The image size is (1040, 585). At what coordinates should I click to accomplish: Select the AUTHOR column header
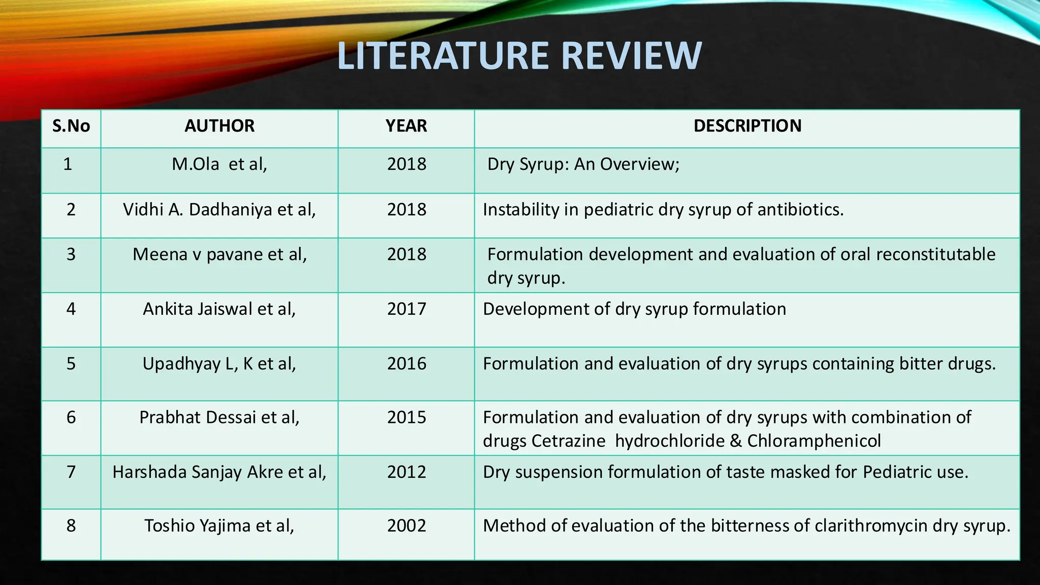tap(219, 126)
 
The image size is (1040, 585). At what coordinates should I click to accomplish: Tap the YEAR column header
tap(406, 126)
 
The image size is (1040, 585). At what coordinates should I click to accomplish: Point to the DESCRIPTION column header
tap(747, 126)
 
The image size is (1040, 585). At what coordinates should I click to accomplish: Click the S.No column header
tap(71, 126)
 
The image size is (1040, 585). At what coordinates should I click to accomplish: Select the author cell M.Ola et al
tap(219, 164)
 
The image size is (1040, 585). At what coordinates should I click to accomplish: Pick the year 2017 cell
tap(406, 309)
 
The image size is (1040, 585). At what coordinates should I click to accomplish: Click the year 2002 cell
tap(406, 525)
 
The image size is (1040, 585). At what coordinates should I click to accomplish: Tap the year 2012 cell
tap(406, 472)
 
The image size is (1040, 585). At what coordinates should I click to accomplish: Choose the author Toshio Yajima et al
tap(219, 525)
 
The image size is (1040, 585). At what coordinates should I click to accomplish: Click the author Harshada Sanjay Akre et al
tap(219, 472)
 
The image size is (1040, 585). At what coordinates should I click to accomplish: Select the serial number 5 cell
tap(71, 364)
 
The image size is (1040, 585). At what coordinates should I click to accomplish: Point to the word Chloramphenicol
tap(814, 441)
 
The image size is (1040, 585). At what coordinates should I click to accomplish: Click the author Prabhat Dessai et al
tap(219, 417)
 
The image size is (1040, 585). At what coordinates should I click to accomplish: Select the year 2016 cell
tap(406, 364)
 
